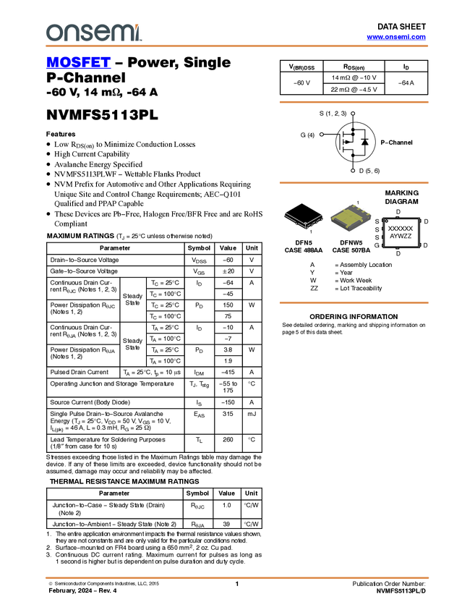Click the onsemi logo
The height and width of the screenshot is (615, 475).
[93, 33]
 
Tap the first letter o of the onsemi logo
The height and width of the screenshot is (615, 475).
[52, 33]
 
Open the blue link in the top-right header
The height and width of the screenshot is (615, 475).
[395, 37]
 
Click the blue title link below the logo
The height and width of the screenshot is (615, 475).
[78, 63]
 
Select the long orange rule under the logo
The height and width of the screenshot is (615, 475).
[236, 46]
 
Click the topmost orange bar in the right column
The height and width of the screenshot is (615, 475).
[354, 102]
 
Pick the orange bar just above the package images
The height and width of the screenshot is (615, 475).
[354, 183]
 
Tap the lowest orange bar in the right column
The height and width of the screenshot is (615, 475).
[354, 303]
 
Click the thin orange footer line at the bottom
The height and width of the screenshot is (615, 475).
[236, 577]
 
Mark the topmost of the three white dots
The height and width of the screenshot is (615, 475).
[353, 113]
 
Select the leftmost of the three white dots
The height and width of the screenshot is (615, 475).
[321, 135]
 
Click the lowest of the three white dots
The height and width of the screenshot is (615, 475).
[352, 170]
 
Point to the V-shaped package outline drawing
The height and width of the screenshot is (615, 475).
[303, 221]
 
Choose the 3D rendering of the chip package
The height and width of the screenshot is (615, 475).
[351, 218]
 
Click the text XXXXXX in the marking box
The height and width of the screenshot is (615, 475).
[401, 228]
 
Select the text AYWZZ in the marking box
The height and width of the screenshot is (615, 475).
[401, 237]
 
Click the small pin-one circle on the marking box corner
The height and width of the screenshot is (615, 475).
[386, 220]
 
